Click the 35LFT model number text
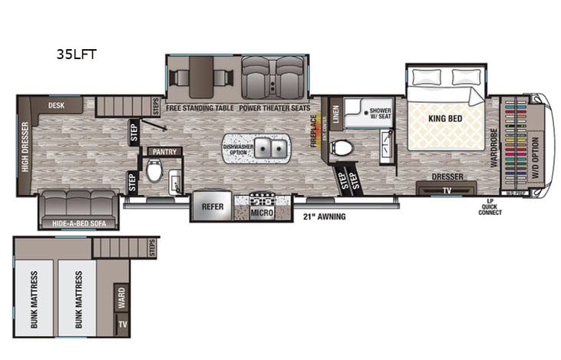pyautogui.click(x=75, y=54)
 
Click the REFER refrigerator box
pyautogui.click(x=213, y=206)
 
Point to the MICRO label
pyautogui.click(x=262, y=211)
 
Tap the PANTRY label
pyautogui.click(x=165, y=151)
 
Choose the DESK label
pyautogui.click(x=55, y=105)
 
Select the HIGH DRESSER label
pyautogui.click(x=25, y=147)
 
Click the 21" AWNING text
pyautogui.click(x=324, y=216)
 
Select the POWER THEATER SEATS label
pyautogui.click(x=274, y=108)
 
